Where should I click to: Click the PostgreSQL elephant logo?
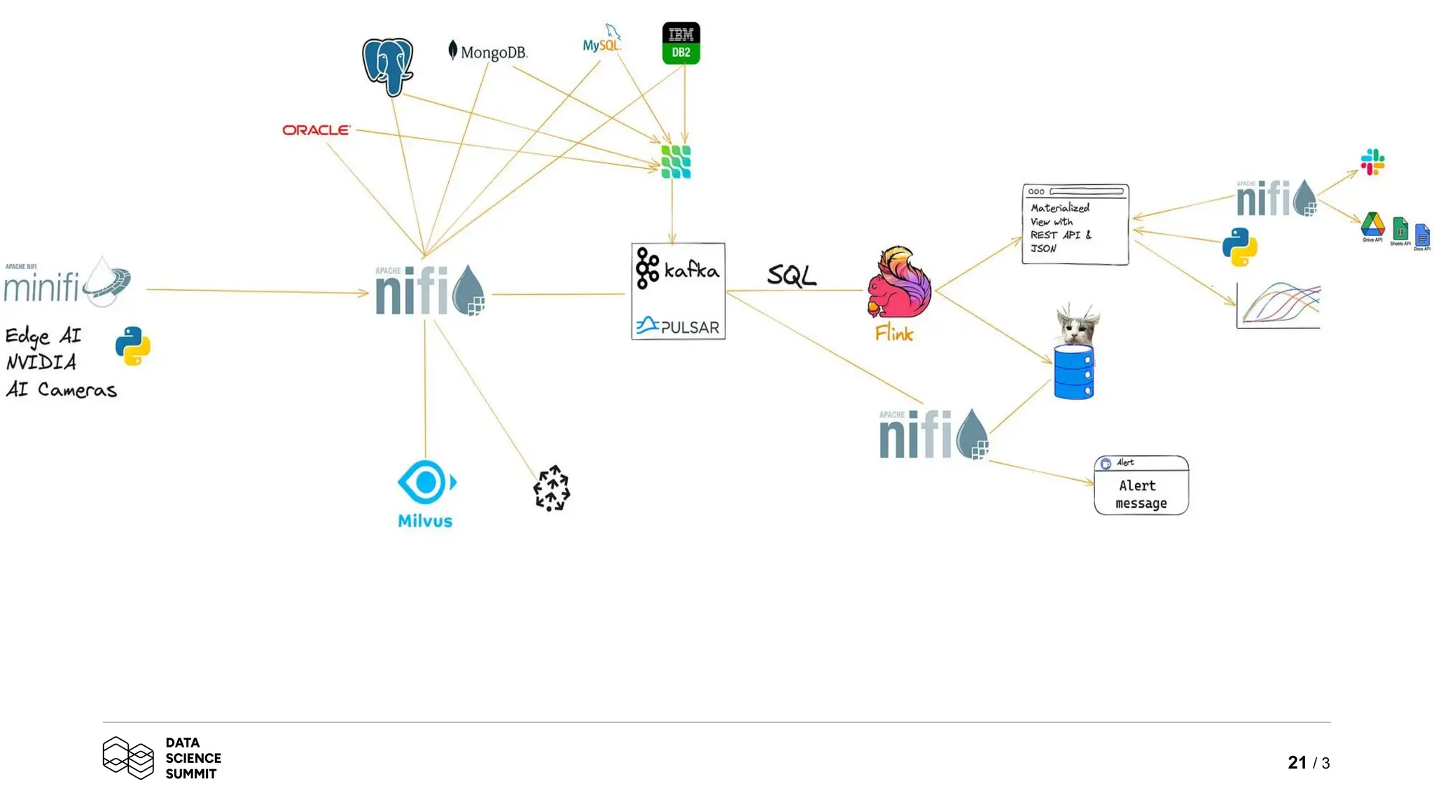pyautogui.click(x=387, y=67)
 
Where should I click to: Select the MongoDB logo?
pyautogui.click(x=488, y=52)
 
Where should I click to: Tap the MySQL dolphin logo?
pyautogui.click(x=603, y=41)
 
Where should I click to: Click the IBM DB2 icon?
pyautogui.click(x=681, y=43)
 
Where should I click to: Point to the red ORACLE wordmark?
pyautogui.click(x=316, y=130)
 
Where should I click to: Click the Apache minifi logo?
pyautogui.click(x=67, y=283)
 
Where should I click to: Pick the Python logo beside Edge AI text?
pyautogui.click(x=132, y=346)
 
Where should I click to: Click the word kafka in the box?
pyautogui.click(x=691, y=270)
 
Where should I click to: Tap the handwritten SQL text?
pyautogui.click(x=791, y=275)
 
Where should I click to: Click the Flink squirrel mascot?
pyautogui.click(x=898, y=283)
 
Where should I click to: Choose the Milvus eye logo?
pyautogui.click(x=426, y=483)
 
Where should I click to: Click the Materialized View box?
pyautogui.click(x=1075, y=225)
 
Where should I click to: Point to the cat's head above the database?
pyautogui.click(x=1077, y=325)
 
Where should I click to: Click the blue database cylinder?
pyautogui.click(x=1073, y=373)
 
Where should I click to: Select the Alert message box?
pyautogui.click(x=1141, y=486)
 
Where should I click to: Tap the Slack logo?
pyautogui.click(x=1372, y=163)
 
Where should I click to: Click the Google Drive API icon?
pyautogui.click(x=1372, y=226)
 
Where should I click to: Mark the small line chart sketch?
pyautogui.click(x=1279, y=305)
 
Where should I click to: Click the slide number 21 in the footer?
pyautogui.click(x=1297, y=762)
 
